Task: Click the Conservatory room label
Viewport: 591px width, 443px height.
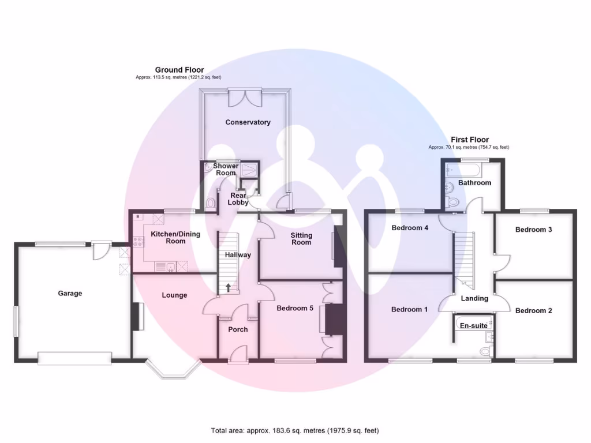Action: coord(248,122)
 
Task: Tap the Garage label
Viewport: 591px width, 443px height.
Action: coord(70,293)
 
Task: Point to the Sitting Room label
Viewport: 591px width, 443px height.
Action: coord(301,239)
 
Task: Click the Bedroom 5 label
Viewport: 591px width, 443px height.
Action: coord(295,308)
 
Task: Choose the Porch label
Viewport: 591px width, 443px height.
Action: coord(238,329)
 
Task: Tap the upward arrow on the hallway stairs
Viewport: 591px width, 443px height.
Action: coord(229,286)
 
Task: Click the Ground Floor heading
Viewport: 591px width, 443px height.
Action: coord(179,70)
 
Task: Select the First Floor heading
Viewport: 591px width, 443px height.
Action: coord(469,140)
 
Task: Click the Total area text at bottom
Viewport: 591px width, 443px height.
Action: coord(295,430)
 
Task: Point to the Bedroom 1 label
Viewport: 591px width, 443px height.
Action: coord(410,309)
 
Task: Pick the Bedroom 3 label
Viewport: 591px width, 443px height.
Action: coord(533,230)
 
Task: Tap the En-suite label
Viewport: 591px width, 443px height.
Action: coord(473,326)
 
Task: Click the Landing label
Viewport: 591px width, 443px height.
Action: coord(474,298)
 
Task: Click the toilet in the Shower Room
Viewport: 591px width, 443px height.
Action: coord(211,203)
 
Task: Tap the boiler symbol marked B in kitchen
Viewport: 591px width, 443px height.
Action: coord(138,217)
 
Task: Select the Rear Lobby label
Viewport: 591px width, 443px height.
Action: coord(238,198)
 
